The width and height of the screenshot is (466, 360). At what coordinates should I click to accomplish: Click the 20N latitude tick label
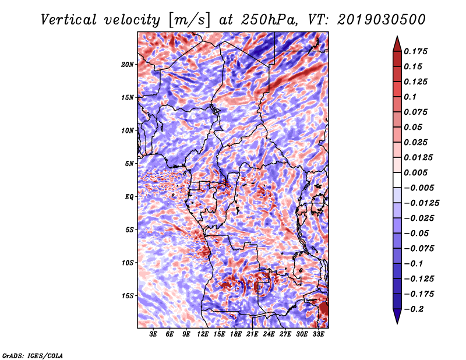127,65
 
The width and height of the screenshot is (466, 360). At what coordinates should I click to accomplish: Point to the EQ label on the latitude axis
129,197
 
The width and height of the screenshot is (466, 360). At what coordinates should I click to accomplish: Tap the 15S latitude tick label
128,296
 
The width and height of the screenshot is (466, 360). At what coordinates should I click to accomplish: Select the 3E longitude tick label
153,334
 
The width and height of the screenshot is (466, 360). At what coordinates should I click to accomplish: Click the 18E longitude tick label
236,334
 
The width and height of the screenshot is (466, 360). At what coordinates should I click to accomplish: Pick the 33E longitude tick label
318,334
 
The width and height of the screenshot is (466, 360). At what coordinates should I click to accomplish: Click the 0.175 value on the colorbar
415,51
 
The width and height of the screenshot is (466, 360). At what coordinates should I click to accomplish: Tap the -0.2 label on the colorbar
414,309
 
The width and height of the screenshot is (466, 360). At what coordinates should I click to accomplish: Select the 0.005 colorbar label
415,172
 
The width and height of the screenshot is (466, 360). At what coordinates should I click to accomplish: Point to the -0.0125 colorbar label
421,203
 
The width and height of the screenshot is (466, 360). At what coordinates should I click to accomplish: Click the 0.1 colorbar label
410,97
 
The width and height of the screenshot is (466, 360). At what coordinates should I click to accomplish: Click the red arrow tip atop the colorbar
397,37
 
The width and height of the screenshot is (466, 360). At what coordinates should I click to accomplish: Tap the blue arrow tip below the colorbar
397,323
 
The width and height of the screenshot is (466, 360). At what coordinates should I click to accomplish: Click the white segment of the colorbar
397,180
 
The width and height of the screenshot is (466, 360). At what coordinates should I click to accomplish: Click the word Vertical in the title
68,20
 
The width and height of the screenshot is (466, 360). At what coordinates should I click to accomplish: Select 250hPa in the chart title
269,20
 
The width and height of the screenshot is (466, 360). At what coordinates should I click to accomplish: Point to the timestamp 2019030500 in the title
382,20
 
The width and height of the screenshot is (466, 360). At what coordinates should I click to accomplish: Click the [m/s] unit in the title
189,20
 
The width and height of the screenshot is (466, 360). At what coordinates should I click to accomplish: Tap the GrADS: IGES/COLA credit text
33,356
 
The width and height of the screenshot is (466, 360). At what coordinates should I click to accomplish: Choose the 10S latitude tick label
128,263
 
